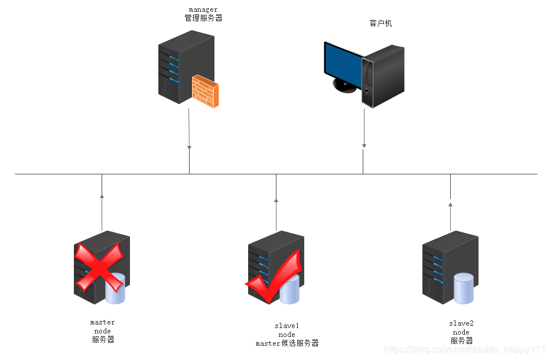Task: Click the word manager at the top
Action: click(x=203, y=9)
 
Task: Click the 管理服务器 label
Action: click(x=203, y=18)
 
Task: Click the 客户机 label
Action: click(x=380, y=24)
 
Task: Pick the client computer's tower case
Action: click(x=384, y=77)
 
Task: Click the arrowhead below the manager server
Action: click(x=189, y=146)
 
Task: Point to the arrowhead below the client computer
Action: click(x=364, y=145)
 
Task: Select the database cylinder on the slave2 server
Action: click(x=464, y=288)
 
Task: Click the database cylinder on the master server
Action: click(x=115, y=289)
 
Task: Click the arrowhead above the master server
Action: click(x=102, y=196)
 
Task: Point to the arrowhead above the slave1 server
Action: click(x=276, y=200)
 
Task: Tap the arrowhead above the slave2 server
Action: click(x=450, y=205)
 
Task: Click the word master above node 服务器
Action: click(x=102, y=323)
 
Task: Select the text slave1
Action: click(x=287, y=326)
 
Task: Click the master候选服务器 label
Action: click(x=287, y=343)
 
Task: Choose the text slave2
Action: click(x=461, y=323)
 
